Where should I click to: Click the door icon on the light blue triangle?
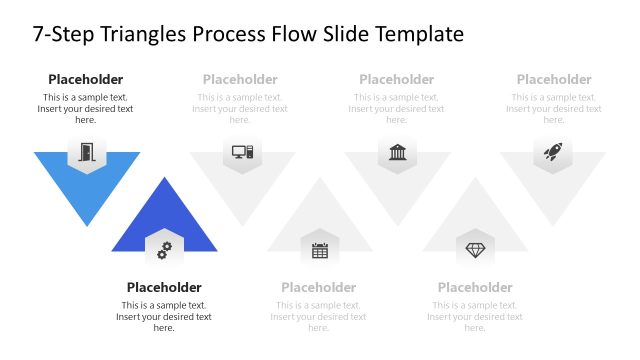[x=87, y=153]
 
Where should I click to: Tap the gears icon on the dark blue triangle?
[x=164, y=250]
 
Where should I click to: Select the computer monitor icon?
[x=242, y=152]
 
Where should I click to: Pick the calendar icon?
[x=320, y=251]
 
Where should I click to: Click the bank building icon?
[x=397, y=152]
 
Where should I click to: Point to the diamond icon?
[x=475, y=250]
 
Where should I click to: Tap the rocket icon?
[x=553, y=152]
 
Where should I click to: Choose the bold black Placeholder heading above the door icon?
[x=86, y=79]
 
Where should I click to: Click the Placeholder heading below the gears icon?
[x=164, y=287]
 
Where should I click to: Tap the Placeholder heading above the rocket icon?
[x=554, y=79]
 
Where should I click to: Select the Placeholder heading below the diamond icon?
[x=475, y=287]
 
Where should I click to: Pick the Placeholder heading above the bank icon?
[x=397, y=79]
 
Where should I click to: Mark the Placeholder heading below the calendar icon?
[x=319, y=287]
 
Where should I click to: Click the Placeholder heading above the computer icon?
[x=240, y=79]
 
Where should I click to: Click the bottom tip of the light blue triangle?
[x=87, y=225]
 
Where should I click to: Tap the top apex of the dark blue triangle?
[x=164, y=179]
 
